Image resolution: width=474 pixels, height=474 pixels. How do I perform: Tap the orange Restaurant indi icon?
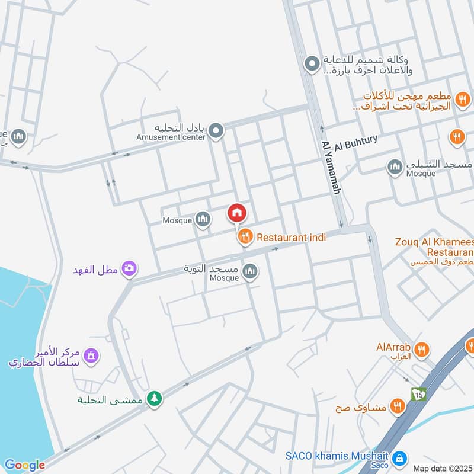coord(244,238)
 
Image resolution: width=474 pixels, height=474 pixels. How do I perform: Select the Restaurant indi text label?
coord(291,238)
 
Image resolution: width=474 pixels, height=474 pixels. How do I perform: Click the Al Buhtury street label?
coord(356,143)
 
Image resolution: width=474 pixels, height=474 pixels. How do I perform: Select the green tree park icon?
coord(154,398)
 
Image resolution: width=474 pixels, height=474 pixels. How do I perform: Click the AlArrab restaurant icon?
coord(421,349)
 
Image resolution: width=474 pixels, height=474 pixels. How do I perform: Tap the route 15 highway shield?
coord(419,394)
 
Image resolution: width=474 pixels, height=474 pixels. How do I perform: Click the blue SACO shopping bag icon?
coord(400,457)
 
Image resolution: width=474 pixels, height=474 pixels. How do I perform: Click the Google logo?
coord(24,465)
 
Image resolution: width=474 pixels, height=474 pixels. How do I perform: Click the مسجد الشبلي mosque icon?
coord(395,166)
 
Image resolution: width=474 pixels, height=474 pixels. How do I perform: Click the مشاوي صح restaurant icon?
coord(397,406)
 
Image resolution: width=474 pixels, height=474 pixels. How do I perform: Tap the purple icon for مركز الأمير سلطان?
coord(91,356)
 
